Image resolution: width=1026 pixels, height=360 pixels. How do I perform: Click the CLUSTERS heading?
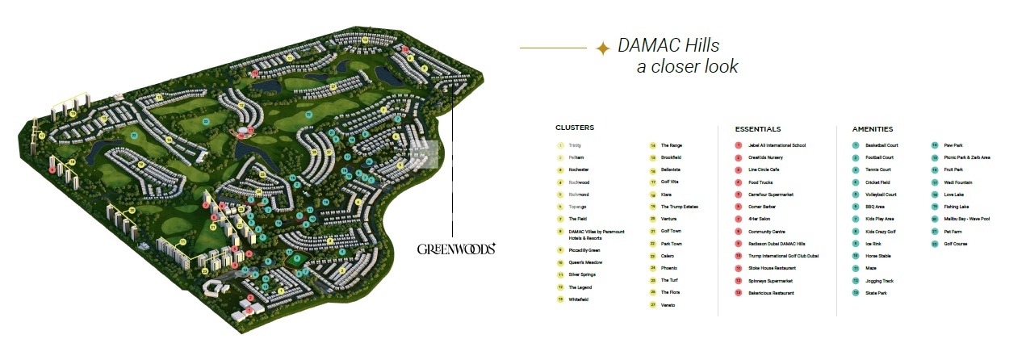point(574,128)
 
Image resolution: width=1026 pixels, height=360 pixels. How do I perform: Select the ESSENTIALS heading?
point(757,129)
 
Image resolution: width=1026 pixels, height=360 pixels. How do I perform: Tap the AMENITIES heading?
point(873,129)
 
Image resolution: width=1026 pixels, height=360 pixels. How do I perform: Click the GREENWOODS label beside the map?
point(456,249)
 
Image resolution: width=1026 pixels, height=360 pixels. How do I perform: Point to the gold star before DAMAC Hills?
point(602,49)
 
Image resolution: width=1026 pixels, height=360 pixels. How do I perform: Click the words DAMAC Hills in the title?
point(668,45)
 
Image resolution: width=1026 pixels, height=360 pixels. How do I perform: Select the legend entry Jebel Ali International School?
point(777,145)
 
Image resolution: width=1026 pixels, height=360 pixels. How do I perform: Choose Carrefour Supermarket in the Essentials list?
point(771,195)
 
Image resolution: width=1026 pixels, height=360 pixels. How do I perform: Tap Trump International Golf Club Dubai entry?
point(783,256)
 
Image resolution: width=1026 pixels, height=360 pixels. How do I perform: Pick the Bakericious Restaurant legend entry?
point(771,293)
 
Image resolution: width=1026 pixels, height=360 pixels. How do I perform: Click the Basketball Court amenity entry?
point(881,145)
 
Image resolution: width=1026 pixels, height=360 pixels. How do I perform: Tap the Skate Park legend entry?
point(875,293)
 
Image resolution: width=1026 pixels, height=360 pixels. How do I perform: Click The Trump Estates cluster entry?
point(679,207)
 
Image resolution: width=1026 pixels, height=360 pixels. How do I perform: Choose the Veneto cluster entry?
point(667,305)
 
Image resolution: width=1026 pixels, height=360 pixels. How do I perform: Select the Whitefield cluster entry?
point(578,299)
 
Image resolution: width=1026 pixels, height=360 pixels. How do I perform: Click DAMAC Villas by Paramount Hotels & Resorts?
point(596,235)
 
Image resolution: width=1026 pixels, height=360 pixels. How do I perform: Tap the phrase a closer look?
point(687,66)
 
